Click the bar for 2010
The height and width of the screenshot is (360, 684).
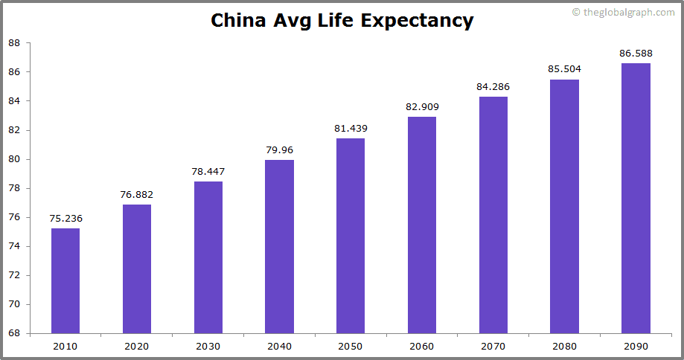point(65,280)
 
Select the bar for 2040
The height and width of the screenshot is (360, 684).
point(279,246)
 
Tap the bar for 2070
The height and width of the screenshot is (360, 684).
point(493,215)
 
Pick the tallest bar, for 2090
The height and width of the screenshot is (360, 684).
point(636,198)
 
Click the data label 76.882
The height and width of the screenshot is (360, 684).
point(137,195)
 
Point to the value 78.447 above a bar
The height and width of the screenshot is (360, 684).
point(208,172)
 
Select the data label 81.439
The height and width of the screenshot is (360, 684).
point(351,129)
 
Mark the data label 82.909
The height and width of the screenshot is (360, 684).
point(422,107)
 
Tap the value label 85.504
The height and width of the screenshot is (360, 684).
point(564,69)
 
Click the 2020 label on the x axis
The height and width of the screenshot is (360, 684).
point(137,346)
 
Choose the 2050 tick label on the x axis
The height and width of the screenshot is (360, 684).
point(351,346)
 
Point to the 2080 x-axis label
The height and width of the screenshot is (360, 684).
point(564,346)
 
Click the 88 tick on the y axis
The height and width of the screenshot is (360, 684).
point(14,43)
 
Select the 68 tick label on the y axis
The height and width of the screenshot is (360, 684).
point(14,333)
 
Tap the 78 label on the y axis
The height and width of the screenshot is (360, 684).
point(14,188)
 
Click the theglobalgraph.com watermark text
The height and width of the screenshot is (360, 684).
point(629,13)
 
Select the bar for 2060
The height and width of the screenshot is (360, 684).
point(422,225)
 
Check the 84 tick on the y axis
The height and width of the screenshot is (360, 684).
point(14,101)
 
